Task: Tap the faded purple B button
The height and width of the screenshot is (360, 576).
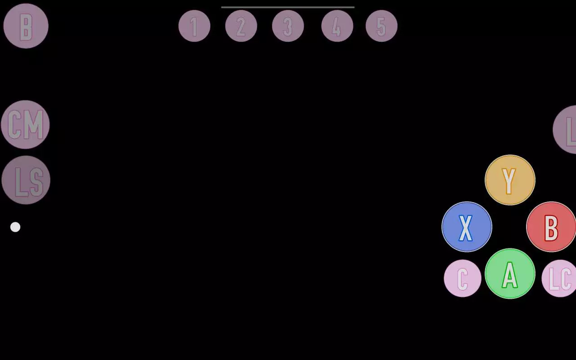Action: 26,26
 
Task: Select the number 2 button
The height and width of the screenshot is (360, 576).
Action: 241,26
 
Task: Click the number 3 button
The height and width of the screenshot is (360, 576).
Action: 288,26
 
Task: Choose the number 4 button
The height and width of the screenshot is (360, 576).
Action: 337,26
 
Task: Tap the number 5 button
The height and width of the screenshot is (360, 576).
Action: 381,26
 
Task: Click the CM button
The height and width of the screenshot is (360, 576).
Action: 25,125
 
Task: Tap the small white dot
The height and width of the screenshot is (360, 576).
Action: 15,227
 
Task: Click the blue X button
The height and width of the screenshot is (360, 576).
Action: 467,227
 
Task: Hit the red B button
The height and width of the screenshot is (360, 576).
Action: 551,227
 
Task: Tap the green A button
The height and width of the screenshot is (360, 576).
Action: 510,274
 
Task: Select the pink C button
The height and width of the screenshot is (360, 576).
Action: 463,278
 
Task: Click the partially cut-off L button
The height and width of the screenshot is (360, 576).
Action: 565,129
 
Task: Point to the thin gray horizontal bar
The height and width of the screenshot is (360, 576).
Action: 288,7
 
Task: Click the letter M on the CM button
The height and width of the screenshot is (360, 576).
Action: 35,125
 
